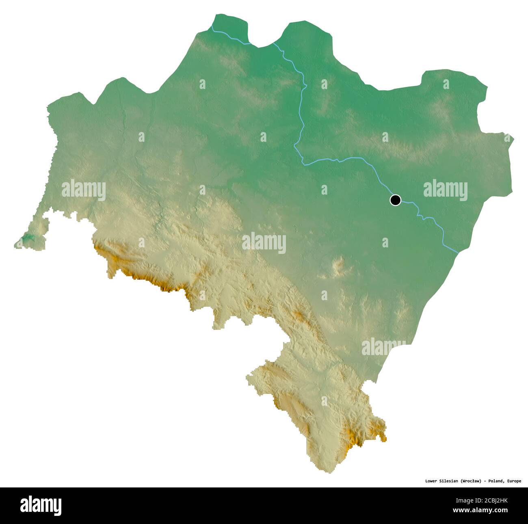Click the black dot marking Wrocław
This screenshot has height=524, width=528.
(x=395, y=200)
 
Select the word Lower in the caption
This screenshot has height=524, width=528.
(x=432, y=481)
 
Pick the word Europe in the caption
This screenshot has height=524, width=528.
(x=514, y=481)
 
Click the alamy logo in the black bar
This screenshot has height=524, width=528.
(x=41, y=506)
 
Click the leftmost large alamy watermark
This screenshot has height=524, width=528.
(x=84, y=190)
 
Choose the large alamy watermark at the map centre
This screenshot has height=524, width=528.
(x=264, y=243)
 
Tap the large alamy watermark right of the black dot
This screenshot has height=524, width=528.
(x=445, y=190)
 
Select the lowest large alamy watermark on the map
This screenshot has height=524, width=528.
(x=383, y=347)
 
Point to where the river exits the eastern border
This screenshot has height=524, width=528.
(x=458, y=252)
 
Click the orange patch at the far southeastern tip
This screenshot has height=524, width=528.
(x=383, y=437)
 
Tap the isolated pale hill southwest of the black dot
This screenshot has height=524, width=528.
(x=338, y=266)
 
